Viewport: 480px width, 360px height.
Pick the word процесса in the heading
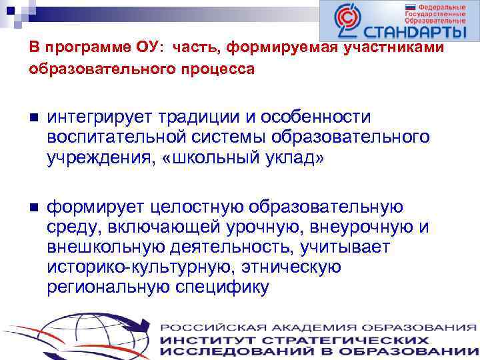(221, 69)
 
